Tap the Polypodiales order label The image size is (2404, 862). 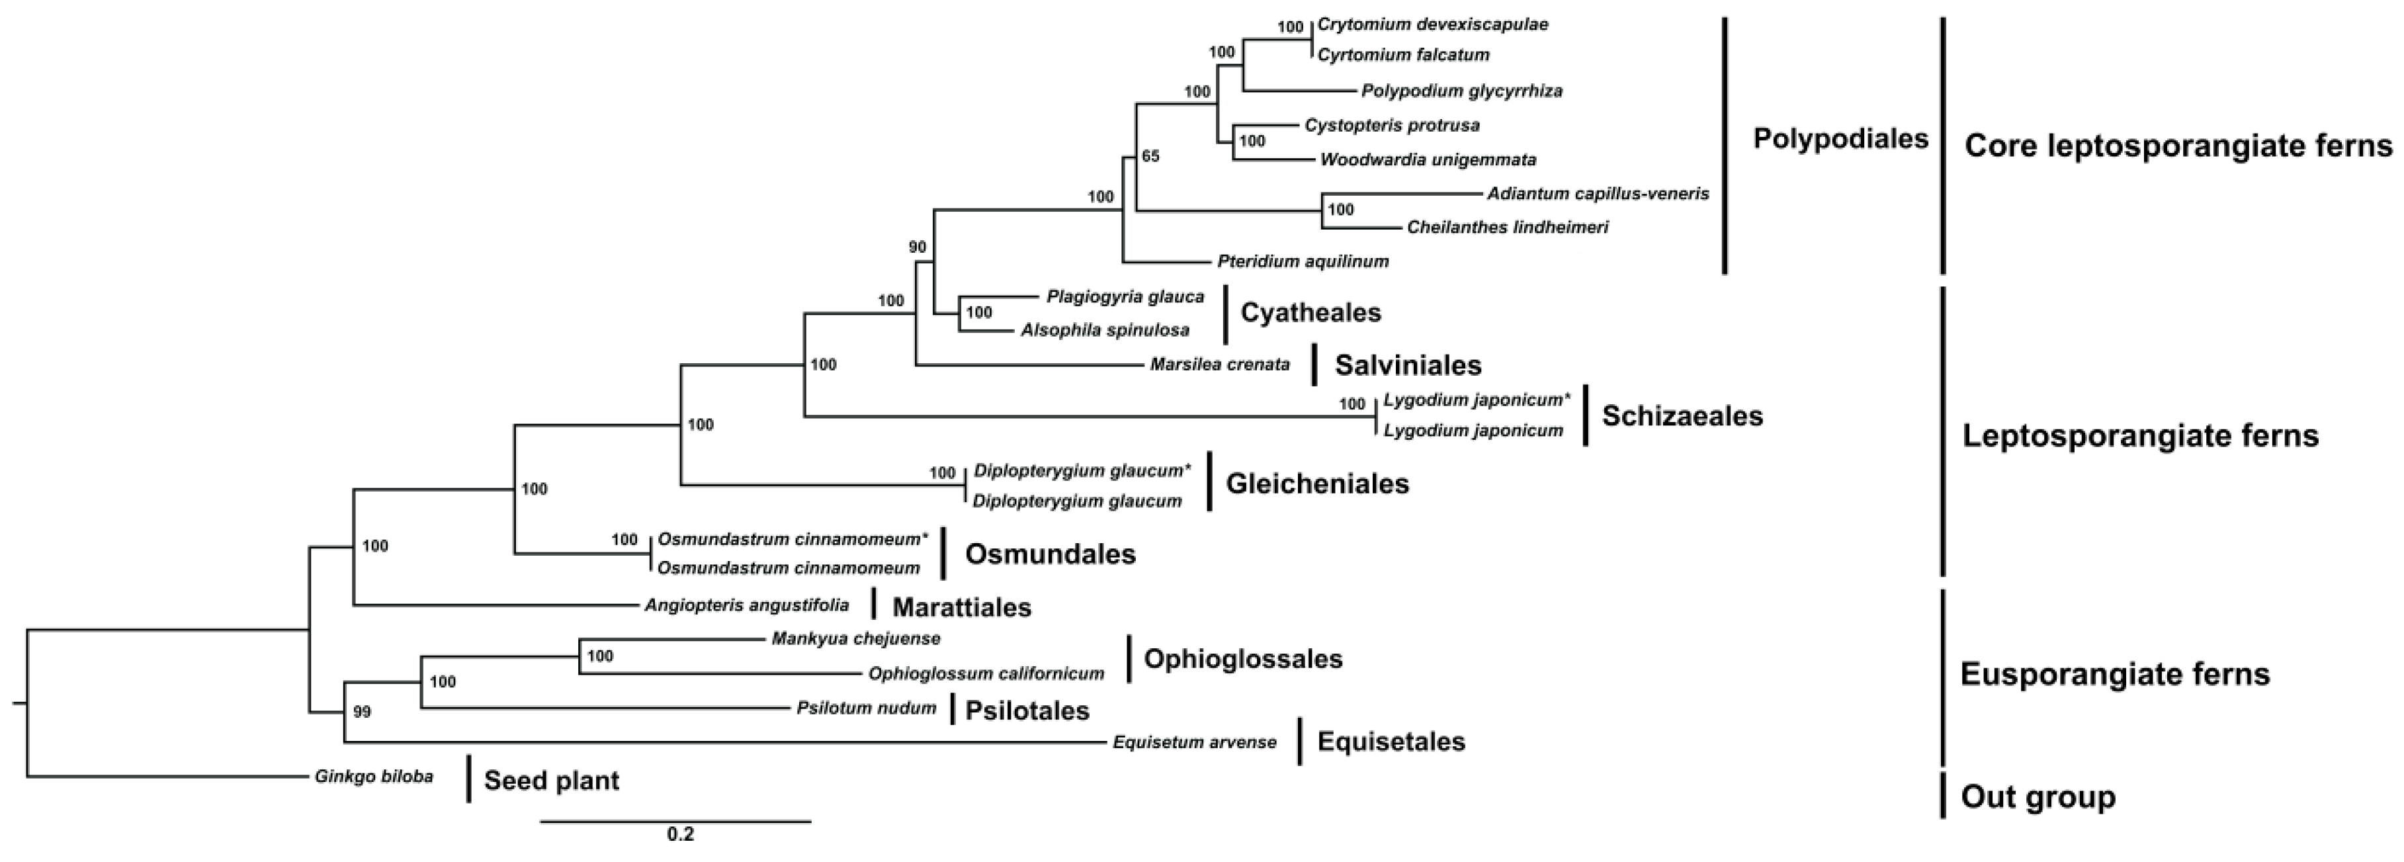tap(1840, 139)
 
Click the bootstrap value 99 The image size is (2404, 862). tap(362, 712)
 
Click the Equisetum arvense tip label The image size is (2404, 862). tap(1195, 742)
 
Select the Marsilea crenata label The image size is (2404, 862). tap(1220, 365)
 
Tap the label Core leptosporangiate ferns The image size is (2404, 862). tap(2179, 146)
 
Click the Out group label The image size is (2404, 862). tap(2038, 797)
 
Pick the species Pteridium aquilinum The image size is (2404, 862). tap(1303, 262)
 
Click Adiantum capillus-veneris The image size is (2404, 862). tap(1598, 194)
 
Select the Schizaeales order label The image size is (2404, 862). tap(1682, 416)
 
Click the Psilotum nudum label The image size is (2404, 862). tap(866, 708)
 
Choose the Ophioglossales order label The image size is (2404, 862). tap(1243, 659)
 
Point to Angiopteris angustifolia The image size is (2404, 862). tap(747, 605)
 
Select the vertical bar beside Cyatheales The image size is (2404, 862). tap(1225, 314)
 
